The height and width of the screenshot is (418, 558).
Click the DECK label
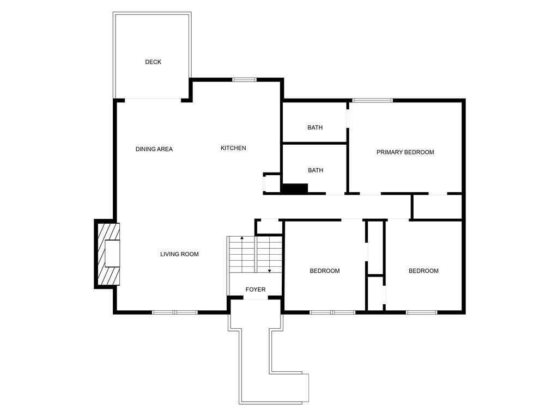153,62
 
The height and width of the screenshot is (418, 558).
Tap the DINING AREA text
154,149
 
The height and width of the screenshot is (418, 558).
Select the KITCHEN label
233,148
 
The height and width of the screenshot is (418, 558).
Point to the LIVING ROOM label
179,254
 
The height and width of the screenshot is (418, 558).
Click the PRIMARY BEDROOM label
405,152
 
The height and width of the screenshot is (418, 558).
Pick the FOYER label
256,290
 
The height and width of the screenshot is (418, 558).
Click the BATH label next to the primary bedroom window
316,127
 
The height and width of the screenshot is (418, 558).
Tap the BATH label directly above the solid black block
316,170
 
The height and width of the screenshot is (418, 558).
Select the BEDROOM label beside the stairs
325,271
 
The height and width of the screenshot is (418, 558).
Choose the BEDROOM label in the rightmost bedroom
423,271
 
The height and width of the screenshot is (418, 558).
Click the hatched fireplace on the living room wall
108,254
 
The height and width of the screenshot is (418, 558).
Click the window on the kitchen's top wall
244,79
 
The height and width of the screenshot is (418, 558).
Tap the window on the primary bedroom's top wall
373,101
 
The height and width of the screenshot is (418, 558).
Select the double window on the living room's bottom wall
175,312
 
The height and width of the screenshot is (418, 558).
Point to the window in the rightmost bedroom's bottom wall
422,312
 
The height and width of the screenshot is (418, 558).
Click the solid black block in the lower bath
295,188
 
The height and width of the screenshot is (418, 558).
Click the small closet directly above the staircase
269,227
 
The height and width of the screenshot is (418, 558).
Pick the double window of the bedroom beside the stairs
332,312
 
